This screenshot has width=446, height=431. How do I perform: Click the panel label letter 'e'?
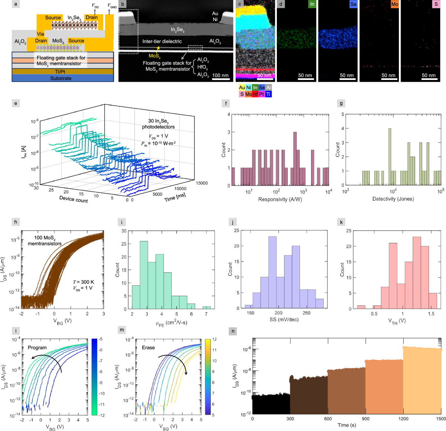pyautogui.click(x=16, y=103)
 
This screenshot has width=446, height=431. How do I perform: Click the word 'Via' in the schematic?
pyautogui.click(x=41, y=34)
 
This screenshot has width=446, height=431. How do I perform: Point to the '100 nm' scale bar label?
pyautogui.click(x=220, y=75)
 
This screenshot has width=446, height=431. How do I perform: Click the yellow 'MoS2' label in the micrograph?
pyautogui.click(x=154, y=56)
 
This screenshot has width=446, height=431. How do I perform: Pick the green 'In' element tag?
pyautogui.click(x=312, y=4)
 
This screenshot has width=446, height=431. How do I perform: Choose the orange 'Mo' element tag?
pyautogui.click(x=394, y=4)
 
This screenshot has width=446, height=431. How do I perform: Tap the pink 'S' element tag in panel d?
pyautogui.click(x=436, y=4)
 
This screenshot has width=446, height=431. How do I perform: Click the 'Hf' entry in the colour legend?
pyautogui.click(x=255, y=94)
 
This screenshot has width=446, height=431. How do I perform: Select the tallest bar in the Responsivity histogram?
pyautogui.click(x=295, y=159)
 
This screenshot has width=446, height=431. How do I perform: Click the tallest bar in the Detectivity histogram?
pyautogui.click(x=390, y=156)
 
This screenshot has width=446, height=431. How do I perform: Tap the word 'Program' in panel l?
pyautogui.click(x=37, y=348)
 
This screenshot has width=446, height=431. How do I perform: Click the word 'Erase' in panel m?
pyautogui.click(x=148, y=348)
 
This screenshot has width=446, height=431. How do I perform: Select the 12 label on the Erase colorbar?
pyautogui.click(x=214, y=340)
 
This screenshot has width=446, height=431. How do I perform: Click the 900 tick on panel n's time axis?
pyautogui.click(x=365, y=419)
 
